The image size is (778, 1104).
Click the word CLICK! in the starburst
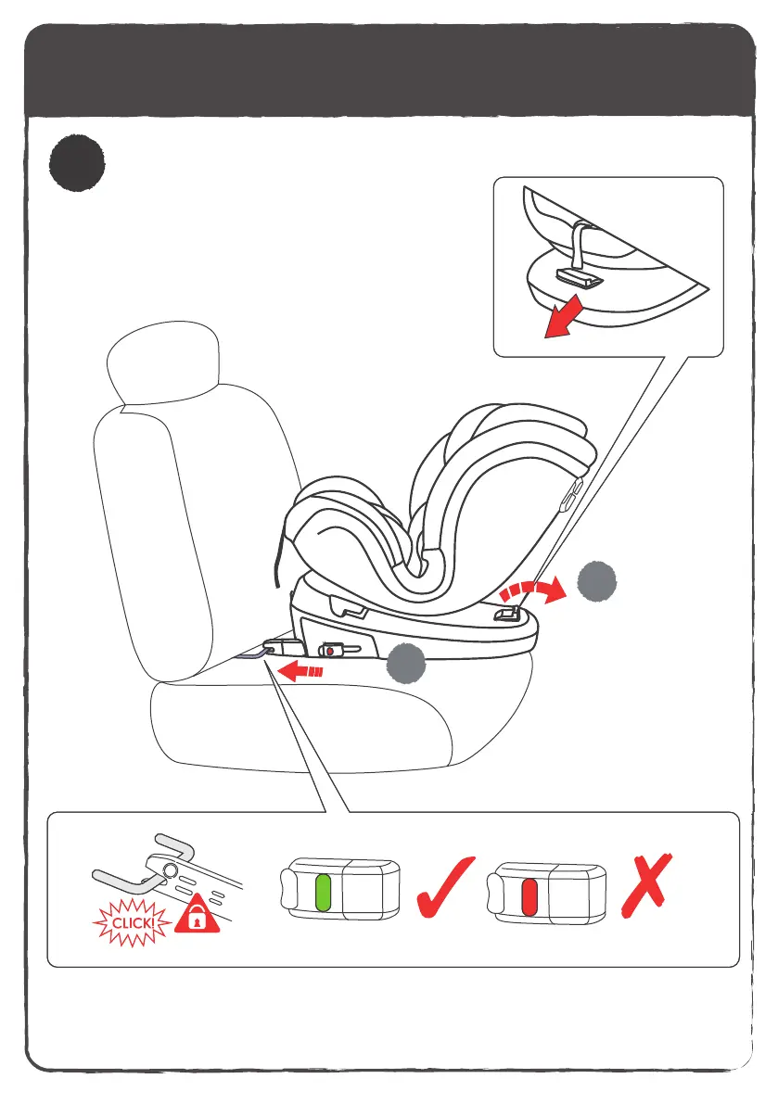click(131, 923)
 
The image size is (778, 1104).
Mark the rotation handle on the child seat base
click(506, 614)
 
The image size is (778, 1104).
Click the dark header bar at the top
click(389, 70)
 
